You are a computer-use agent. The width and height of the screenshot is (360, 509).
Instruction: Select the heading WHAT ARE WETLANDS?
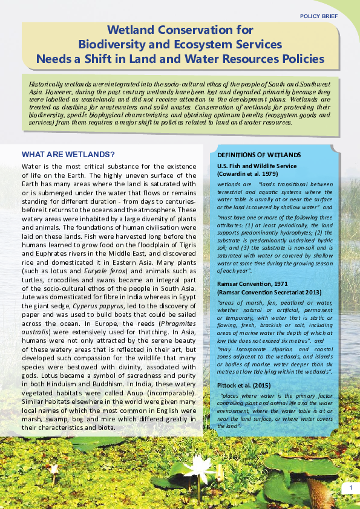[68, 154]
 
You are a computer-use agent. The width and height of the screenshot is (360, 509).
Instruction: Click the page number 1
[350, 488]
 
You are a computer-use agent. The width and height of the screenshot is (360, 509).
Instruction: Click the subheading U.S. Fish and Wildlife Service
[257, 166]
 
